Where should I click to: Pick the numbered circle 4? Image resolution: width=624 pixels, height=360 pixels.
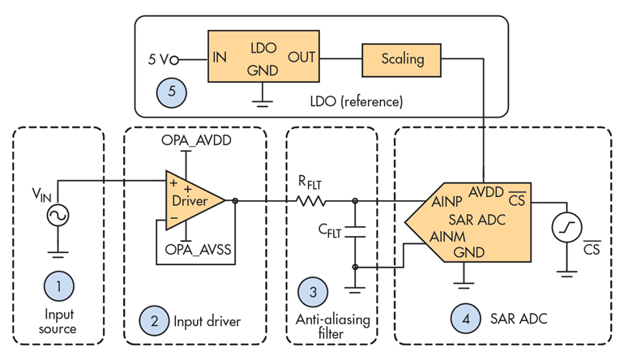tap(465, 320)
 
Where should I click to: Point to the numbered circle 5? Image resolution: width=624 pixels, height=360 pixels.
tap(172, 91)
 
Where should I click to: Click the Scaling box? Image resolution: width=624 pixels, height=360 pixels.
tap(403, 58)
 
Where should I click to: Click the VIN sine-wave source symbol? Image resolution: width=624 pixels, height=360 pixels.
tap(58, 215)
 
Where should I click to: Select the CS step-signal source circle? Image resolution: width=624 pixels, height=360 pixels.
tap(566, 229)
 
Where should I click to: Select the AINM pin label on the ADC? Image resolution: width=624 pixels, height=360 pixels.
tap(447, 236)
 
